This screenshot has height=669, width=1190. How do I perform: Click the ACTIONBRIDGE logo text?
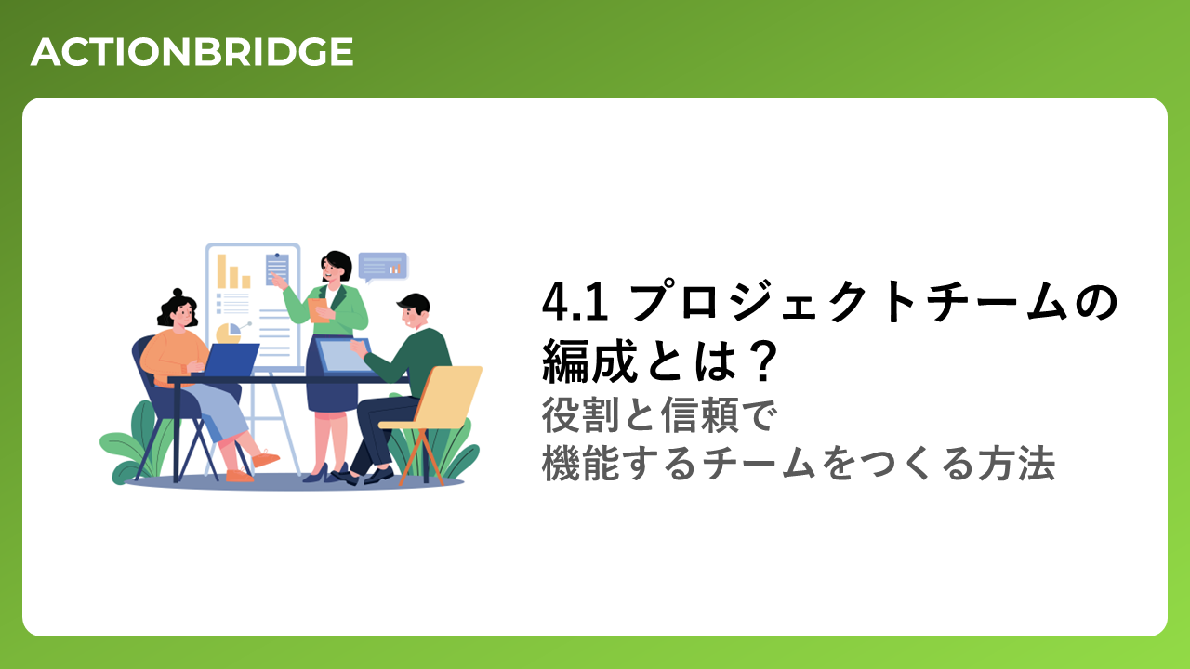click(192, 52)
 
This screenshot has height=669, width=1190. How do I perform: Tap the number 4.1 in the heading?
click(575, 303)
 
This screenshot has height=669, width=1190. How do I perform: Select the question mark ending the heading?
click(762, 361)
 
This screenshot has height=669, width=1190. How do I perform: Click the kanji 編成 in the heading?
click(589, 361)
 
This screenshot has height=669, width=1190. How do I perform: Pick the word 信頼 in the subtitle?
click(701, 415)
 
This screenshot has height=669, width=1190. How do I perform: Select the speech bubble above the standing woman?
click(382, 267)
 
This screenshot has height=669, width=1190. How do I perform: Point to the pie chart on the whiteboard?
click(229, 334)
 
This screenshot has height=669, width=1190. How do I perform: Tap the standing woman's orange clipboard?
click(319, 310)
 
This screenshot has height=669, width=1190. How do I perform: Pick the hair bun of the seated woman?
click(178, 293)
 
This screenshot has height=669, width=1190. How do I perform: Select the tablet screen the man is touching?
click(343, 355)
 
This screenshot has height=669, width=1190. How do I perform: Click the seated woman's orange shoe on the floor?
click(240, 476)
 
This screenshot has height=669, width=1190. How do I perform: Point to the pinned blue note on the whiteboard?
click(277, 269)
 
